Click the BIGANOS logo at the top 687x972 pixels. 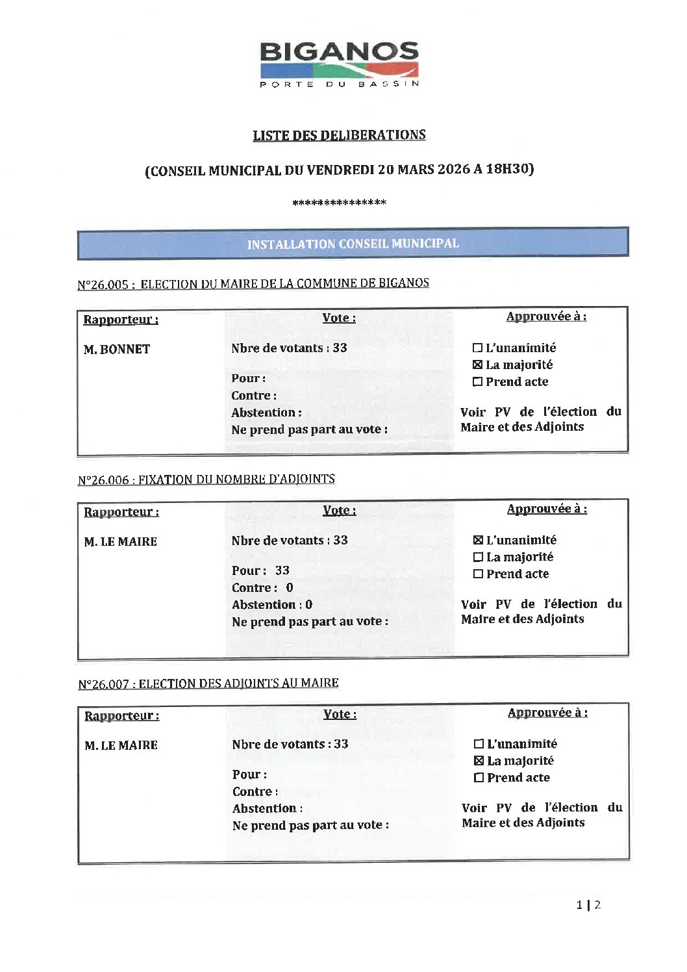pos(339,64)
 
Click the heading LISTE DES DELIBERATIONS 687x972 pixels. pos(339,135)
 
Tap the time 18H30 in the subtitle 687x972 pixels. pos(509,169)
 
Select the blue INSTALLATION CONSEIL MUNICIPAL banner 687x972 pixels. pos(353,244)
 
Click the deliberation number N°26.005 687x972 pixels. pos(103,285)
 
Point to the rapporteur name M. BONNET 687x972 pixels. pos(117,350)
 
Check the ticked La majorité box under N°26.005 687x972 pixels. pos(478,365)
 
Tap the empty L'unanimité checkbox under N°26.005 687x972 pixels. pos(478,348)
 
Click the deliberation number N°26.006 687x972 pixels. pos(103,480)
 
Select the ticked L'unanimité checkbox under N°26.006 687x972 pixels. pos(479,540)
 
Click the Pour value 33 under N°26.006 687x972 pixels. pos(282,570)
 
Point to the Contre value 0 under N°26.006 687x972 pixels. pos(290,587)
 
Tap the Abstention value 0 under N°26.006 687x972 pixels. pos(309,604)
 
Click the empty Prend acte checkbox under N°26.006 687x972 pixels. pos(479,574)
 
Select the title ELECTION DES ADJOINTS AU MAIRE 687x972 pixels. pos(238,684)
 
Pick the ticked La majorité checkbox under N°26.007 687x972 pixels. pos(479,761)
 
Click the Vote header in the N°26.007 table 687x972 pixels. pos(340,714)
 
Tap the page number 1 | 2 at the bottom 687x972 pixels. pos(588,904)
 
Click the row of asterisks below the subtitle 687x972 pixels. pos(339,203)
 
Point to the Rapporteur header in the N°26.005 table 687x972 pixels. pos(121,320)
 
